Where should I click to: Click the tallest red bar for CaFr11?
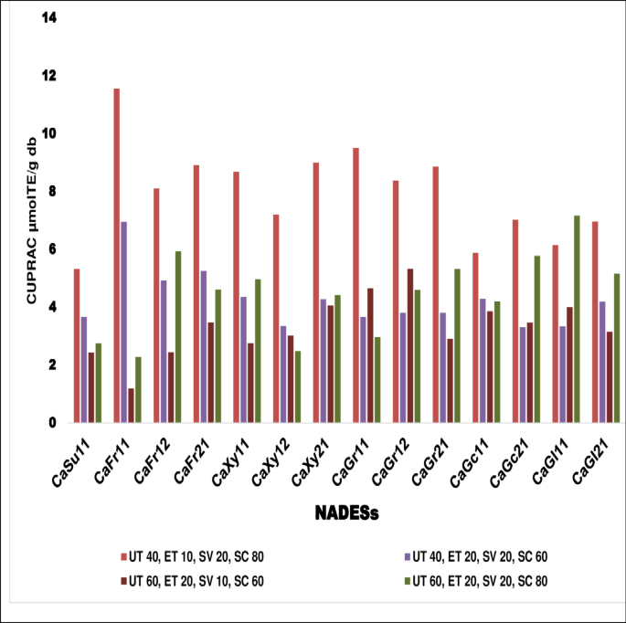(117, 256)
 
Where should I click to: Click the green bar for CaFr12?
(177, 337)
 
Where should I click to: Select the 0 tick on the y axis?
(53, 423)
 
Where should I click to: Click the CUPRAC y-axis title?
(31, 219)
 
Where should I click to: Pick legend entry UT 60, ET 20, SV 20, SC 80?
(480, 580)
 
